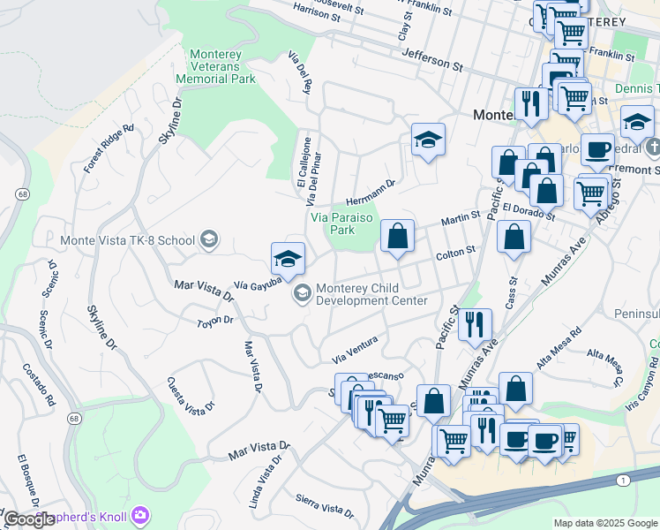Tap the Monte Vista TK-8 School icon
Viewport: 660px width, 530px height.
(x=209, y=239)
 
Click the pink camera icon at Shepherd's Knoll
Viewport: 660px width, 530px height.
(x=141, y=515)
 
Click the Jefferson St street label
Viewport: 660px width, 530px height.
(x=431, y=59)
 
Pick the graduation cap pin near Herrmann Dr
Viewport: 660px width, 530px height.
(x=428, y=140)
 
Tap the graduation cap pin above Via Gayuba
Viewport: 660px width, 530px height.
(x=288, y=259)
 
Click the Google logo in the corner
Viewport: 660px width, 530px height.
(x=29, y=519)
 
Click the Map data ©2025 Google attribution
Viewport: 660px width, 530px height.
(x=604, y=523)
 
